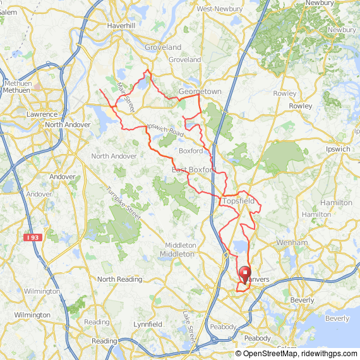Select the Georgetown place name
200,92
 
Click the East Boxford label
194,170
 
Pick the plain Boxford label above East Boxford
191,151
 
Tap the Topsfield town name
238,201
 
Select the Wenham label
292,242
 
